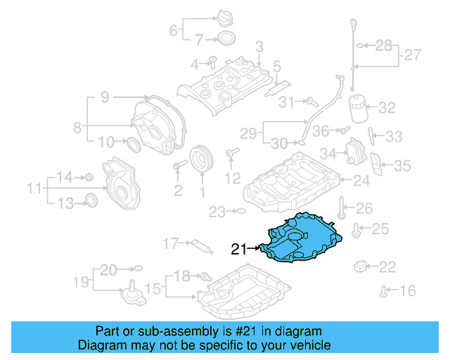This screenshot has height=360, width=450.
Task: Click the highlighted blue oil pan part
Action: pos(302,239)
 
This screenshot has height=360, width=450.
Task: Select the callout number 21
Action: pos(240,248)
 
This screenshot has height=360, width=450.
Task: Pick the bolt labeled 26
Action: pos(340,207)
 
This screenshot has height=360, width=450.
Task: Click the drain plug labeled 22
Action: pos(362,266)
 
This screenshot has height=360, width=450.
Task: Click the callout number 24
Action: pos(361,181)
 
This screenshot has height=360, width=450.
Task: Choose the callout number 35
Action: pos(401,166)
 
